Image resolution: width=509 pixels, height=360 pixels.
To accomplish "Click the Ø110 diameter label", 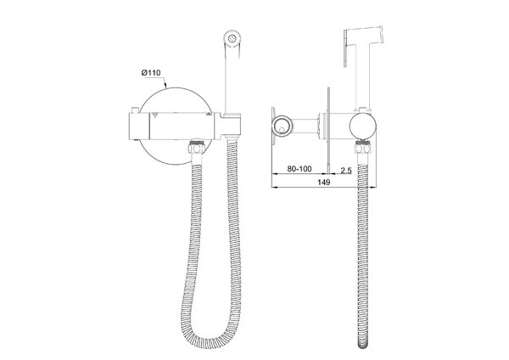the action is tap(151, 73).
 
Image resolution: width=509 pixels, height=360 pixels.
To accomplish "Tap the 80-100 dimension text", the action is tap(299, 169).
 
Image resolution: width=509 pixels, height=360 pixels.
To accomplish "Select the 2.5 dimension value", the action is tap(346, 170).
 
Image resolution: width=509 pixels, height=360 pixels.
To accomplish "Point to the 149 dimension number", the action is tap(324, 183).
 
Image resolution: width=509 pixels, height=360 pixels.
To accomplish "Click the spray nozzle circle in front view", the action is tap(232, 38).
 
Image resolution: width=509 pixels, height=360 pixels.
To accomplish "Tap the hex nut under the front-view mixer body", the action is tap(197, 148).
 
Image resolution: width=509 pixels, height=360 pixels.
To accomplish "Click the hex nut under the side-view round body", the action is tap(363, 148).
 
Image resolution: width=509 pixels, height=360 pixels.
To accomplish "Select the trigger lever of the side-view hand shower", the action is tap(347, 48).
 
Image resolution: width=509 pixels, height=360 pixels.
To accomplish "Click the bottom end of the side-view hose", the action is tap(363, 346).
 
